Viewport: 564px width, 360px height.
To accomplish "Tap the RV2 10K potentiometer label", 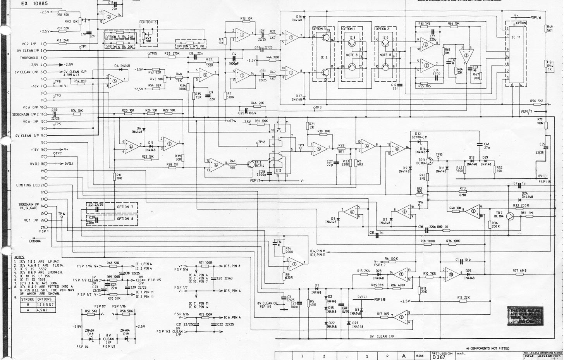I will click(x=71, y=22).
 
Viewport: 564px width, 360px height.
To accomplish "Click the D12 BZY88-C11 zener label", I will click(x=419, y=135).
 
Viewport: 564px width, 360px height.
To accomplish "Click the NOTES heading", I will click(x=19, y=257).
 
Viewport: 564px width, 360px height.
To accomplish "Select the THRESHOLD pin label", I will click(x=29, y=58).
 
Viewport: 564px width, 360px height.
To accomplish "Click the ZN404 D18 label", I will click(x=90, y=332).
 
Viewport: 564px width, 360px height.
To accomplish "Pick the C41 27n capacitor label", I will click(x=487, y=146).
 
